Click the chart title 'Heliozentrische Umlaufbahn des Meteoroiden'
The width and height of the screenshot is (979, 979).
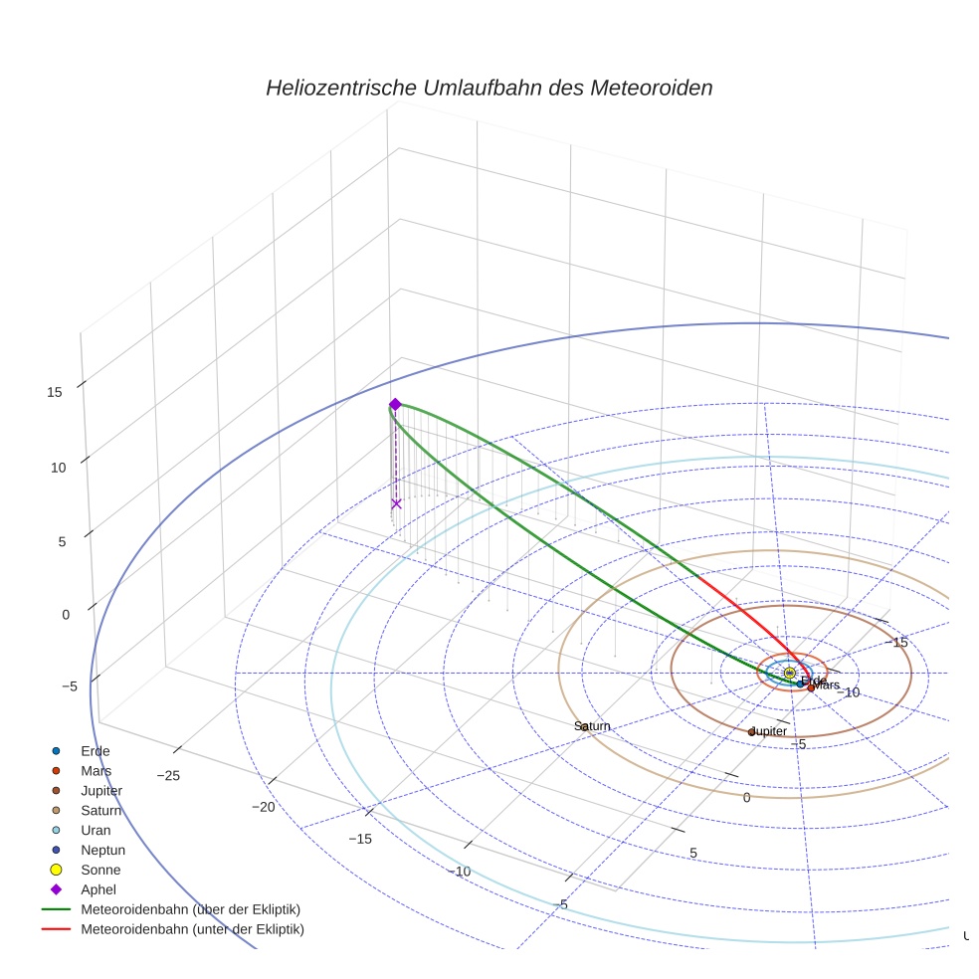(x=489, y=88)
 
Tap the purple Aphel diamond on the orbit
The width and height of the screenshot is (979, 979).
(x=395, y=404)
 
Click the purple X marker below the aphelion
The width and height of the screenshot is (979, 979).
(x=396, y=503)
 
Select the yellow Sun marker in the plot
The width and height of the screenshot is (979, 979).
(x=789, y=674)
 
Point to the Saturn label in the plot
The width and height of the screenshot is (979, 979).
(x=593, y=726)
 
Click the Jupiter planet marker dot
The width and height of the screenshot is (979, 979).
(x=752, y=732)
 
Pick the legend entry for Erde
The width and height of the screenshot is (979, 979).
(x=96, y=751)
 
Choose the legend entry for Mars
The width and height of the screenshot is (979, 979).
(x=96, y=771)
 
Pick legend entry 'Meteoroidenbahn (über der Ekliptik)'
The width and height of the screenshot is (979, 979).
(x=190, y=909)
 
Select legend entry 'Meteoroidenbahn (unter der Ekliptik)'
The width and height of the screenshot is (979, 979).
(x=192, y=929)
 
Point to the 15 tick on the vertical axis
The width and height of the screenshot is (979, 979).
(x=55, y=392)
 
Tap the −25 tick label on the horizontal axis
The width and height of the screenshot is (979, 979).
(x=167, y=776)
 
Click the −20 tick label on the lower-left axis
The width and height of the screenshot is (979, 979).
(x=263, y=807)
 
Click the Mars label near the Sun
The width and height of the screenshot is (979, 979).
(x=827, y=685)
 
